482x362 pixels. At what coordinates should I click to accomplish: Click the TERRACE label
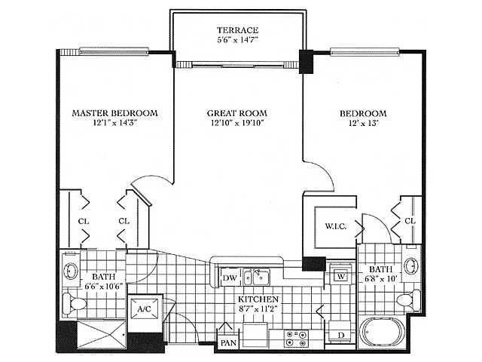pos(237,30)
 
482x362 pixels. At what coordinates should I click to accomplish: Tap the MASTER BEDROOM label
pos(115,113)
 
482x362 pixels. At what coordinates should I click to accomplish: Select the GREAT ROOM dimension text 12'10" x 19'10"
pos(237,123)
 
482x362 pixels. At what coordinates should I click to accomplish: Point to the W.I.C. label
pos(335,226)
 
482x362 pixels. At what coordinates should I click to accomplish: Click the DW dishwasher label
pos(230,278)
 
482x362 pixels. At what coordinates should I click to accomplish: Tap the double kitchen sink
pos(256,277)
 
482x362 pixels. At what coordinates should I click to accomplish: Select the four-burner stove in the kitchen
pos(296,339)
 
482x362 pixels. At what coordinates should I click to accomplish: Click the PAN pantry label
pos(228,342)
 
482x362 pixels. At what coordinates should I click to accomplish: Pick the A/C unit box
pos(145,308)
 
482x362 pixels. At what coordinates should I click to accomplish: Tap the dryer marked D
pos(340,332)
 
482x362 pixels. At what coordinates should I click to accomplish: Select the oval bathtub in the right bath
pos(383,332)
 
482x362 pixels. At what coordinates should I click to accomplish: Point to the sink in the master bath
pos(71,271)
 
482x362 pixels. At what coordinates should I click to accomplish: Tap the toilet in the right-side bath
pos(408,300)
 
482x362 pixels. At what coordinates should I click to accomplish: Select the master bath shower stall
pos(101,335)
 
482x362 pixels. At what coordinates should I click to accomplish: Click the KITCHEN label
pos(258,299)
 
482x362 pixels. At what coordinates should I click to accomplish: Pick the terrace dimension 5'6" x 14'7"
pos(237,40)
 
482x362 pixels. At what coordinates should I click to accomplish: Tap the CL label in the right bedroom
pos(410,221)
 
